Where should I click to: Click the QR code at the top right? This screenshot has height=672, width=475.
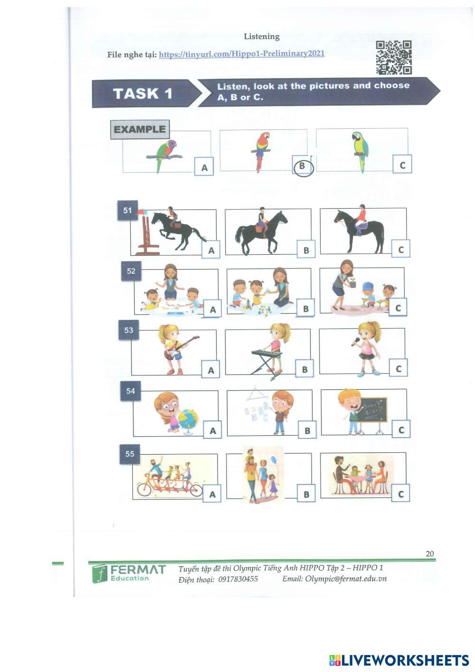pos(393,58)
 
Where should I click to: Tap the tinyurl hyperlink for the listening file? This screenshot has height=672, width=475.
pos(241,54)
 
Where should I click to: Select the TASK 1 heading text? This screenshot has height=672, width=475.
pos(143,93)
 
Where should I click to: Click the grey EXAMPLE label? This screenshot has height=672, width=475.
pos(140,129)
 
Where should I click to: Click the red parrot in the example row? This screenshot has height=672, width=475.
pos(261,151)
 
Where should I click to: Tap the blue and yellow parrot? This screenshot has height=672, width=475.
pos(361,151)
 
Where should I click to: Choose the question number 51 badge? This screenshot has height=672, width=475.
pos(127,211)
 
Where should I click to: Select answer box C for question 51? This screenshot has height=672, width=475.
pos(400,249)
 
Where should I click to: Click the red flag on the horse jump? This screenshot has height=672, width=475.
pos(140,212)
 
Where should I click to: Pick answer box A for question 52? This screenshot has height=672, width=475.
pos(213,309)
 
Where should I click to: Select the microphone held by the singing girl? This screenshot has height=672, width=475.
pos(356,341)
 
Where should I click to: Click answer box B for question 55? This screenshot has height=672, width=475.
pos(306,493)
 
